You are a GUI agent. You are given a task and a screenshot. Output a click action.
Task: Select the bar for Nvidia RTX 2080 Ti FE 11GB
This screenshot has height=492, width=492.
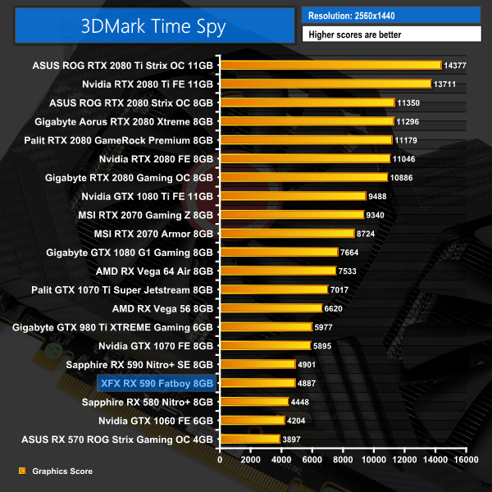coord(325,84)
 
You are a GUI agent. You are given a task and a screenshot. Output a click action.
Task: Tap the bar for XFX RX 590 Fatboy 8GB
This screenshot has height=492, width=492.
coord(257,383)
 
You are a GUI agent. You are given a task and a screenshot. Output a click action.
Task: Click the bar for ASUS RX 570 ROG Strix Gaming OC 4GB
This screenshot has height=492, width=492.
coord(249,440)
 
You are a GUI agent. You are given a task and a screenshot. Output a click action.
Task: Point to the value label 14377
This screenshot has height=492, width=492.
coord(457,65)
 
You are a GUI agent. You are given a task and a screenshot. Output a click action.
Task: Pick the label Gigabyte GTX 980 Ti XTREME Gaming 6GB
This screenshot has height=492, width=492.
coord(113,327)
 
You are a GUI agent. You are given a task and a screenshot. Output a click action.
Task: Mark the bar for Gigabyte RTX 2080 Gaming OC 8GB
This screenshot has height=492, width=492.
coord(303,177)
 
